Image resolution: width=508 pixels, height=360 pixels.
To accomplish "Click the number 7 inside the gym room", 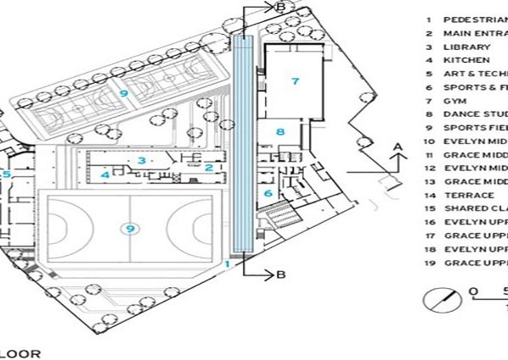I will pyautogui.click(x=295, y=81).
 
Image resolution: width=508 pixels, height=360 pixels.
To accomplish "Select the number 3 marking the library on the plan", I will pyautogui.click(x=144, y=159).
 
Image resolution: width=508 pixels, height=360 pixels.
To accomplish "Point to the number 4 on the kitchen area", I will pyautogui.click(x=105, y=175).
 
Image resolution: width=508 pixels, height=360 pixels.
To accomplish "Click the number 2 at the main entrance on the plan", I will pyautogui.click(x=208, y=167).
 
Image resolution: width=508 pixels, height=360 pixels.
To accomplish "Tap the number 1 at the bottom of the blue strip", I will pyautogui.click(x=227, y=264).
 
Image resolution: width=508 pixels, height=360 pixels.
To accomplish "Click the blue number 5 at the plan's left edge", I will pyautogui.click(x=5, y=174).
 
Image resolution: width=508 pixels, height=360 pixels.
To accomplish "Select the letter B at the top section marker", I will pyautogui.click(x=280, y=7).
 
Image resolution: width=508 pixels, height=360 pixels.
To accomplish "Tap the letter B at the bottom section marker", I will pyautogui.click(x=280, y=274).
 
